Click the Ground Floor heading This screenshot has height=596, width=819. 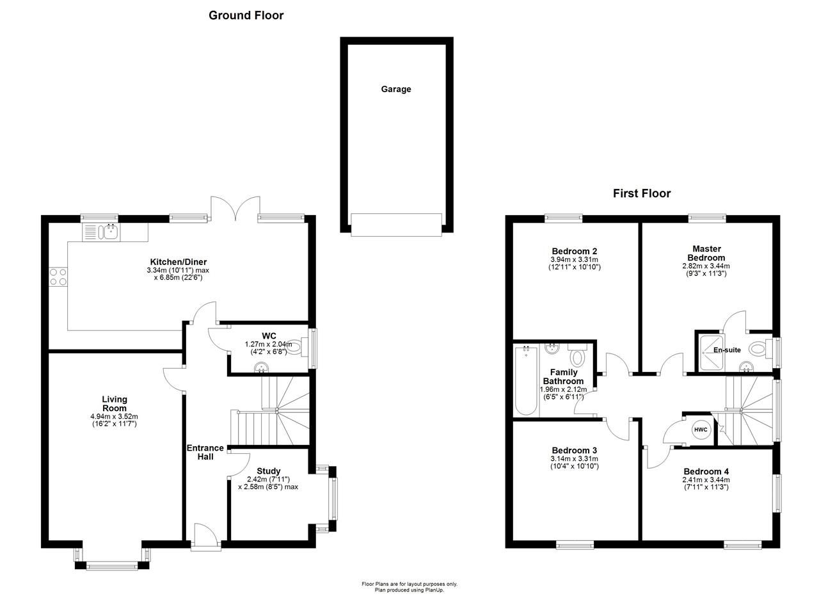(246, 15)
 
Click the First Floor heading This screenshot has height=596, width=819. (641, 193)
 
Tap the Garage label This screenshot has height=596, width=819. (396, 89)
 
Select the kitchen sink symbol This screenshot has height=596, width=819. (100, 232)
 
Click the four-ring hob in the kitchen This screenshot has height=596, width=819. (58, 277)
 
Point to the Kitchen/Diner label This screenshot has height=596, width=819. (178, 262)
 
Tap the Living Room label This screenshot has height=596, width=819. (114, 404)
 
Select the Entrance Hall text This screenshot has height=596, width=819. (205, 452)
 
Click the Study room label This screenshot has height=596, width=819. (268, 471)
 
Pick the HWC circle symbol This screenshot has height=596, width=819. (701, 430)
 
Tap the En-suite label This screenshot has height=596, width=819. (727, 350)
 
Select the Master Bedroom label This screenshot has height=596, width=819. (706, 253)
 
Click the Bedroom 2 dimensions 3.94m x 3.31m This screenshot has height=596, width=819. (575, 259)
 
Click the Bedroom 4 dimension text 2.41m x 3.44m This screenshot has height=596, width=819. (706, 479)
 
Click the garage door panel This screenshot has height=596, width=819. (396, 225)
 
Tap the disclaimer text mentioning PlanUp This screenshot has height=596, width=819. (409, 590)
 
